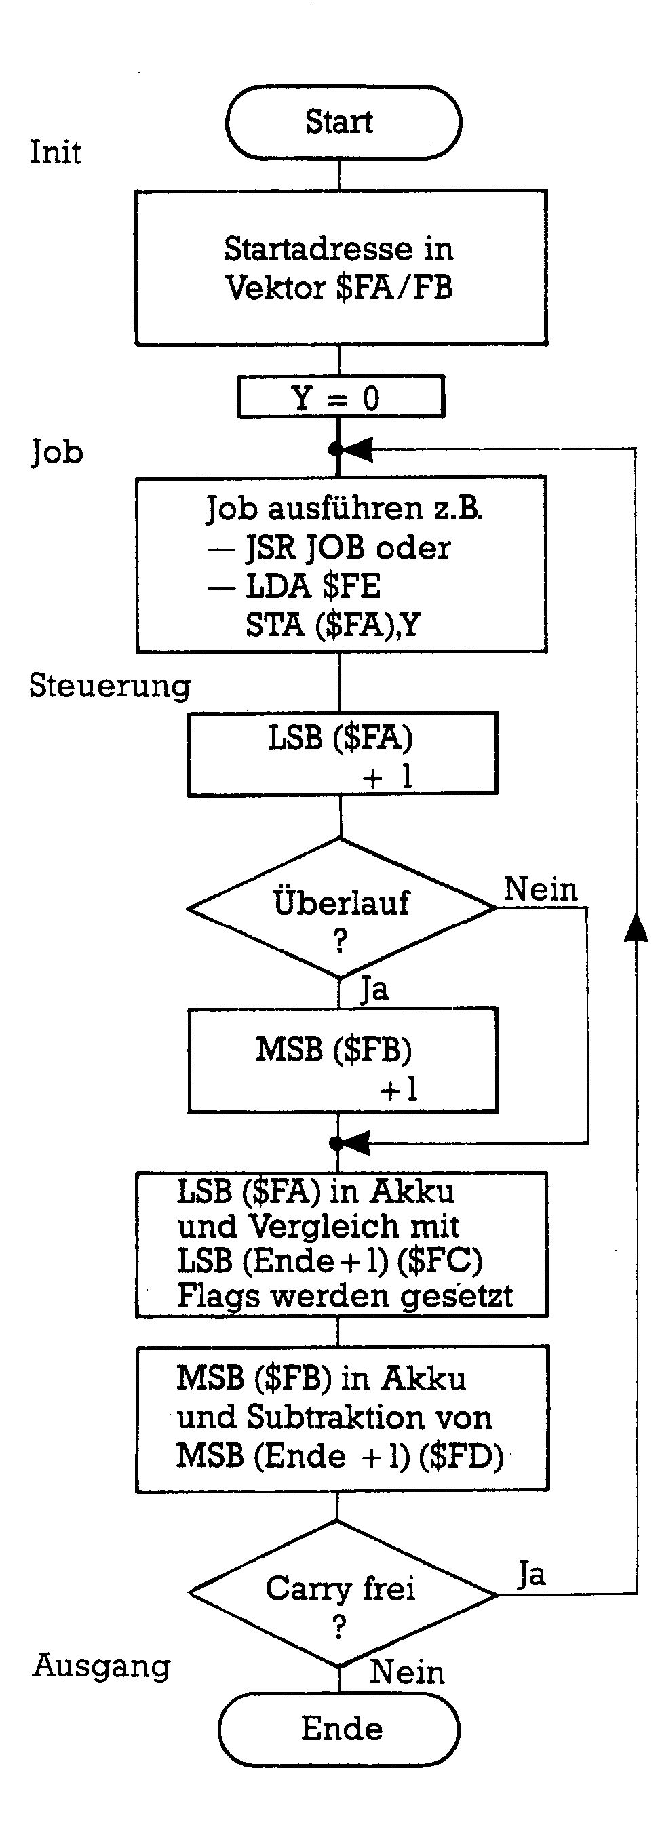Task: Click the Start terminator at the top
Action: (343, 122)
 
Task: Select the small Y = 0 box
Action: (341, 397)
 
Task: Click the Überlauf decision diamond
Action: (341, 908)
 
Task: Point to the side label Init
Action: (56, 153)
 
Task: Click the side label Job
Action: (57, 452)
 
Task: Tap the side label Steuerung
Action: (110, 686)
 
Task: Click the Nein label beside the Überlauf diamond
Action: (541, 889)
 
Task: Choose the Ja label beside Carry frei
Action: (531, 1575)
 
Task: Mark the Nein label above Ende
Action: (407, 1672)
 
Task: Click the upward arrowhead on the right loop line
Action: (636, 927)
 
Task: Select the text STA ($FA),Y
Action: (332, 625)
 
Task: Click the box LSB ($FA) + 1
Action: (342, 754)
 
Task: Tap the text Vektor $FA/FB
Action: (339, 288)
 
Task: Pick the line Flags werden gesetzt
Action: (345, 1296)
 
